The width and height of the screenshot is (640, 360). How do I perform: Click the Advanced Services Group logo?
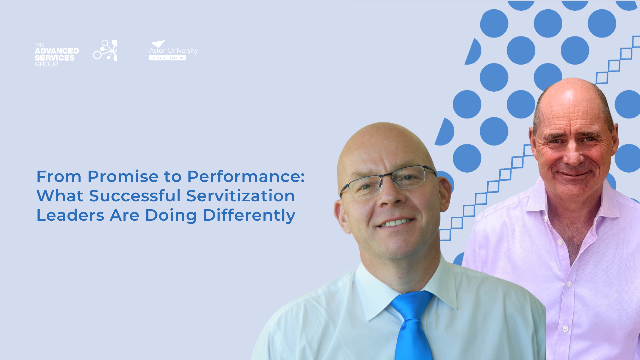coord(57,55)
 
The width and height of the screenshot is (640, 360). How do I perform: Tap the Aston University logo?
coord(173,50)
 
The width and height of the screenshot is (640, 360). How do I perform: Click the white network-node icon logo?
coord(105,51)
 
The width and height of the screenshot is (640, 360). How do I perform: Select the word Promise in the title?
coord(123,176)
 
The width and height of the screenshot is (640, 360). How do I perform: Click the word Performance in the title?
coord(246,176)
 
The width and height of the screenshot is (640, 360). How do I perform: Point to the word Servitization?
coord(240,196)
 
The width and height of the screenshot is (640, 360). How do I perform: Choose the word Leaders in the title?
coord(70,215)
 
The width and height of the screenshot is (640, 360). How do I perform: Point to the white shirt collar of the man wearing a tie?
coord(407,287)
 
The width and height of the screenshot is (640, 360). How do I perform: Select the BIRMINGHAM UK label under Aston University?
coord(167,58)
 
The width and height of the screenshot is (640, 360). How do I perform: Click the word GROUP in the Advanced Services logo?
coord(46,64)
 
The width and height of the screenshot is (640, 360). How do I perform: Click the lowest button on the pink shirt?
coord(565,329)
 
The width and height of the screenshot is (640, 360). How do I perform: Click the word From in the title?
coord(59,176)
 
